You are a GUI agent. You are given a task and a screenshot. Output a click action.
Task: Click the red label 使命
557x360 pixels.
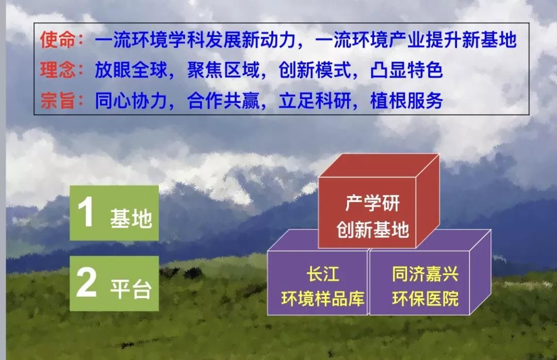tap(57, 39)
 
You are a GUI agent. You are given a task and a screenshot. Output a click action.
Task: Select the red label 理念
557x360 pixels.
tap(57, 70)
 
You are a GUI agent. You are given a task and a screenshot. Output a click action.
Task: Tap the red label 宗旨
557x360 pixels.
tap(57, 101)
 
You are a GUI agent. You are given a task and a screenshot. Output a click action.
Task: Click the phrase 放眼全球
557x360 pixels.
tap(130, 70)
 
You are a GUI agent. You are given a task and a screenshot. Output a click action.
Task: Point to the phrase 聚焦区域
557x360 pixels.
tap(223, 70)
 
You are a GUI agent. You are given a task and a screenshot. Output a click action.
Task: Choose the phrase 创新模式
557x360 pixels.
tap(315, 70)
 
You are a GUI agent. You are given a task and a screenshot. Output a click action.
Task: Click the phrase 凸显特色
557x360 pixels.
tap(406, 70)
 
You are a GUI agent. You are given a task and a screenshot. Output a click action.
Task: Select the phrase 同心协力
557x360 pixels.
tap(130, 101)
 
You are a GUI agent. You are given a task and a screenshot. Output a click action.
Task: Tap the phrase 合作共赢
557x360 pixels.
tap(223, 101)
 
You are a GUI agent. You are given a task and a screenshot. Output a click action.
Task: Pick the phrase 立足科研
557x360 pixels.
tap(315, 101)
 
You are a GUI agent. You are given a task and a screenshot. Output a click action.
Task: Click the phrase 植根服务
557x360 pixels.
tap(406, 101)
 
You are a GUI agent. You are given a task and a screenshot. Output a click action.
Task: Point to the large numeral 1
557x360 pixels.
tap(86, 211)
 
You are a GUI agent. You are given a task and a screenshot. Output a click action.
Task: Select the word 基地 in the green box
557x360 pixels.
tap(131, 218)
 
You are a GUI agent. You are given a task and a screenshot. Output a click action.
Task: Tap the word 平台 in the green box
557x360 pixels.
tap(131, 289)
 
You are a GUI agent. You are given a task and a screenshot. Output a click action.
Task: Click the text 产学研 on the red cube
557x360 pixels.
tap(372, 203)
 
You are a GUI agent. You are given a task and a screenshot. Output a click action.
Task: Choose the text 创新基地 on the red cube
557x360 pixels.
tap(373, 229)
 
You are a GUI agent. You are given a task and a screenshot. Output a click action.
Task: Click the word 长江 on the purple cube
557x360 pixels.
tap(323, 274)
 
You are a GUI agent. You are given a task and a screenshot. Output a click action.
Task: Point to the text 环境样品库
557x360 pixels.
tap(323, 299)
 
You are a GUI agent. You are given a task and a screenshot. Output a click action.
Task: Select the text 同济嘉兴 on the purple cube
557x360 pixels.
tap(425, 274)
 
